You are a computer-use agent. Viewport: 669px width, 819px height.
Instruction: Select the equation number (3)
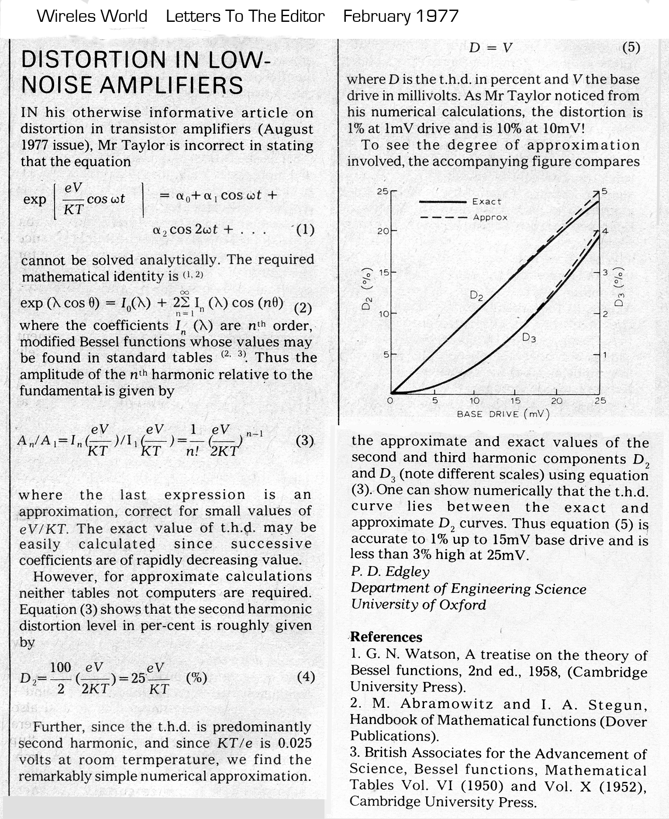click(x=305, y=440)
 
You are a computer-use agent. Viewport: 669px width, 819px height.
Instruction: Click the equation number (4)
click(x=306, y=677)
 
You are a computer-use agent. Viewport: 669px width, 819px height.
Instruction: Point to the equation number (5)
click(x=631, y=47)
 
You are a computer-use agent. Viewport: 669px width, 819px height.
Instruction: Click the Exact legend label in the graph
click(x=486, y=202)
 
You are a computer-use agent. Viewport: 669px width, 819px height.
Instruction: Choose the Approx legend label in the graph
click(x=490, y=217)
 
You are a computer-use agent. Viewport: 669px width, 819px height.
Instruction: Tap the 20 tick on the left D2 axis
click(x=383, y=231)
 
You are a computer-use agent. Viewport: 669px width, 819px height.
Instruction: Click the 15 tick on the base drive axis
click(x=515, y=401)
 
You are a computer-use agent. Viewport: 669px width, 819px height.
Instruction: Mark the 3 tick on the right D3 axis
click(x=605, y=272)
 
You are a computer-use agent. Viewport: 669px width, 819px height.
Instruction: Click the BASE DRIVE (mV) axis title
click(x=503, y=414)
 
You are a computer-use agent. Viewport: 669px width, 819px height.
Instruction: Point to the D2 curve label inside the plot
click(x=476, y=296)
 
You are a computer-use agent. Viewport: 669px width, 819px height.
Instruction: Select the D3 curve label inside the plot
click(x=529, y=337)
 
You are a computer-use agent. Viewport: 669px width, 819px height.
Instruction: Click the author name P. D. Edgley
click(x=390, y=571)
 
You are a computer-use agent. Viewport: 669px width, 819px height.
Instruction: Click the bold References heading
click(x=386, y=637)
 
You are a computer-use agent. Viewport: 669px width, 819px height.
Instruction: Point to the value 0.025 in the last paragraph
click(x=293, y=743)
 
